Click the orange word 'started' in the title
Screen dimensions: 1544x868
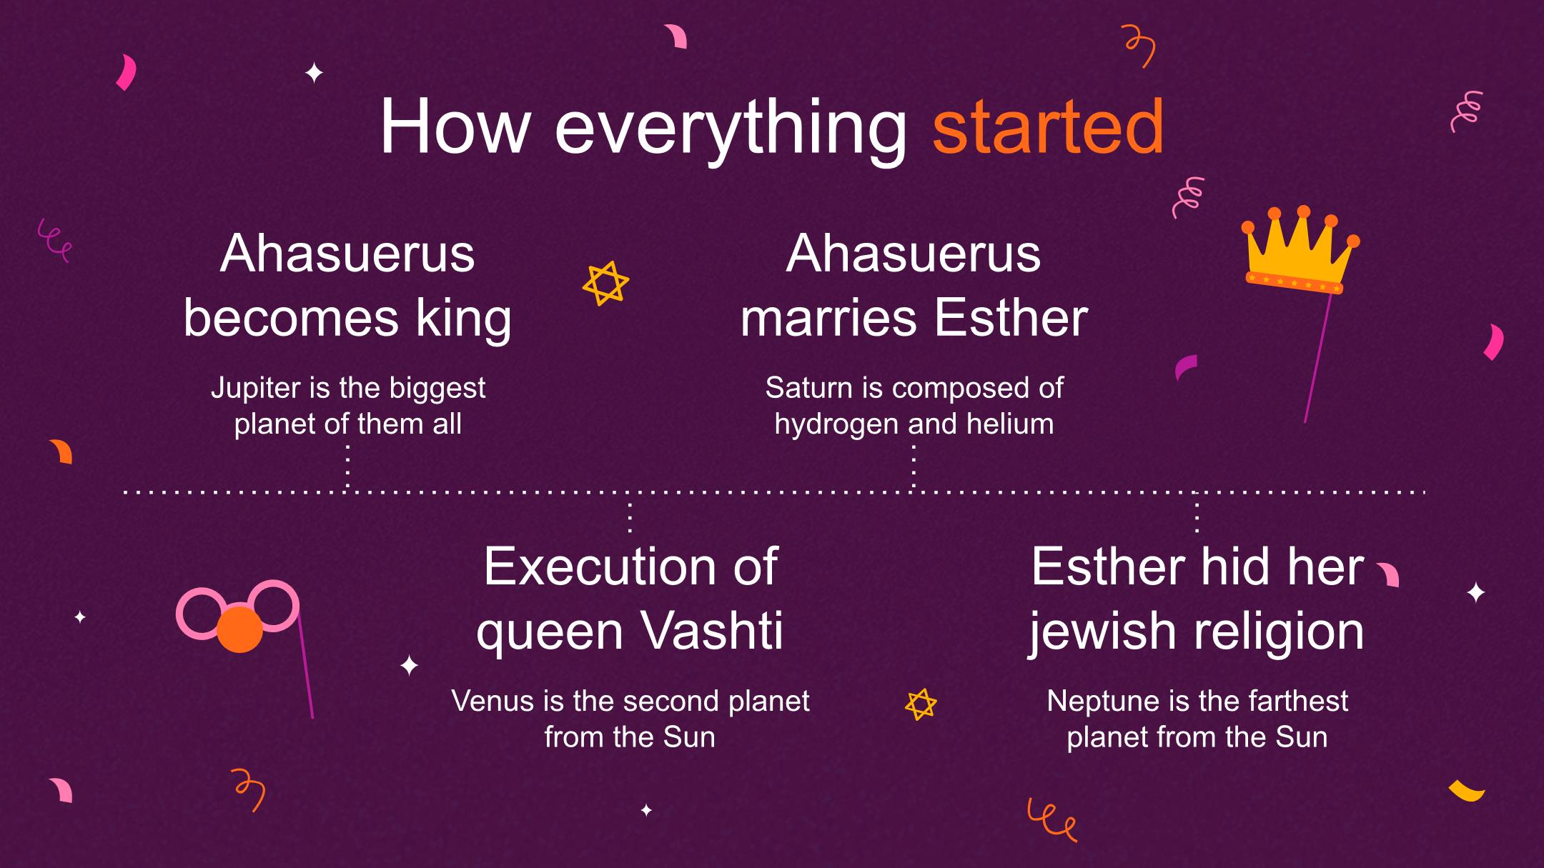point(1049,127)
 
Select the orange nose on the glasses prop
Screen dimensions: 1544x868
point(239,629)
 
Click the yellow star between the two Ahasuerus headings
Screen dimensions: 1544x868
point(605,284)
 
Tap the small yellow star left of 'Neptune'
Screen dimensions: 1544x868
point(921,704)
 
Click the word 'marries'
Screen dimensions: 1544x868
point(828,319)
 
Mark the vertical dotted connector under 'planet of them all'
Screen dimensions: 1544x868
point(347,467)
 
